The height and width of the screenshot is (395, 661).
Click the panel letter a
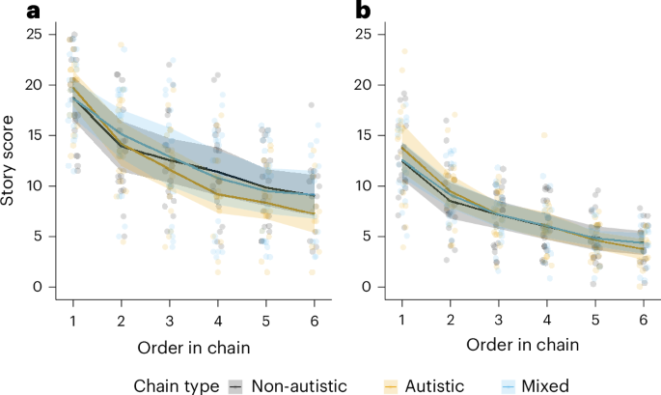point(9,12)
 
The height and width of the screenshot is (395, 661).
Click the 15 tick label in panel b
point(364,135)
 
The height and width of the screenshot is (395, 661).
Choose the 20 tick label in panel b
point(364,85)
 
